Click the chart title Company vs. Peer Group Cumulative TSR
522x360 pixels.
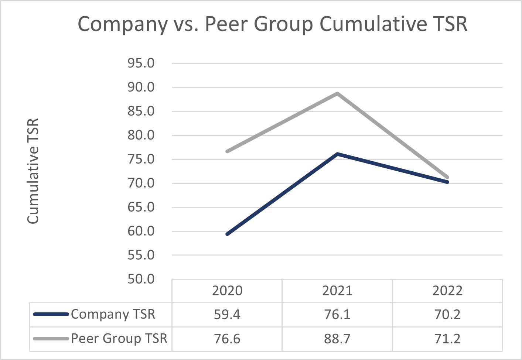point(272,24)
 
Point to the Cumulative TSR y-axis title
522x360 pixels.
point(33,171)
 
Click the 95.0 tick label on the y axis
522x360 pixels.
point(141,63)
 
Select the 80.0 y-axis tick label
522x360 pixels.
point(141,135)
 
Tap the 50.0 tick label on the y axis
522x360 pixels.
point(141,279)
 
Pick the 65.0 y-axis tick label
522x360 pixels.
point(141,207)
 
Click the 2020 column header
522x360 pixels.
point(227,291)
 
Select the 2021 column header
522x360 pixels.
point(337,291)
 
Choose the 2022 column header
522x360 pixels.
point(447,291)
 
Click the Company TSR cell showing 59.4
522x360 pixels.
point(227,315)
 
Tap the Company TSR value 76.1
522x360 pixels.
point(337,315)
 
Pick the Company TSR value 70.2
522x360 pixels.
point(447,315)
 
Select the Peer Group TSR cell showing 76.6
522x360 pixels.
point(227,339)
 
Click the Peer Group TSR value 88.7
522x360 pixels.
point(337,339)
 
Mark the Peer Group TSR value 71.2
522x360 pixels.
point(447,339)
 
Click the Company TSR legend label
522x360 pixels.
point(113,314)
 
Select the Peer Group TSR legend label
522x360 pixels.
point(119,338)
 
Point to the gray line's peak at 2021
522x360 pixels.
point(337,93)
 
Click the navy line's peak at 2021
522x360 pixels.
point(337,154)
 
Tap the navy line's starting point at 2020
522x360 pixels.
point(227,234)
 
